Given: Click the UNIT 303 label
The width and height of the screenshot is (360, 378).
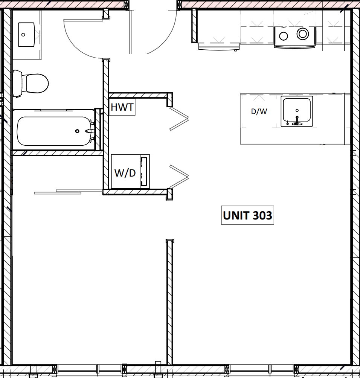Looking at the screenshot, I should (x=247, y=215).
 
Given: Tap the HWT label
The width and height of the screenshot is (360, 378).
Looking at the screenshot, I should (x=122, y=107).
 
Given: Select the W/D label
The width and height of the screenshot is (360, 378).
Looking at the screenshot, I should (x=125, y=173).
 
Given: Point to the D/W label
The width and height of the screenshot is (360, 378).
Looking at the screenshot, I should (x=259, y=111).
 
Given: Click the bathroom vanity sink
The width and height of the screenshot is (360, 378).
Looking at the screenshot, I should (x=26, y=35).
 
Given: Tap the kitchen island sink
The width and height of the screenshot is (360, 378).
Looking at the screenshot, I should (x=297, y=111).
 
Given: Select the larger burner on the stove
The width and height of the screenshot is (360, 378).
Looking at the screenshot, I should (x=303, y=34).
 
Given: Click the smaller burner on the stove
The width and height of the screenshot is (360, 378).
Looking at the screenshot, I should (x=284, y=36).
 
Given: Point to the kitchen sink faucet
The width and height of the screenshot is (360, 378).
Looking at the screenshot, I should (x=297, y=121).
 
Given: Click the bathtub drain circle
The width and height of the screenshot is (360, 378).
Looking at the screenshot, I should (x=77, y=131).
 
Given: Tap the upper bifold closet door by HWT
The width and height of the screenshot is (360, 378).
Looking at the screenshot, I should (x=178, y=119).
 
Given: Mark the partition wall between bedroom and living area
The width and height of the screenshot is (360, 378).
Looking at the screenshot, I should (x=170, y=301).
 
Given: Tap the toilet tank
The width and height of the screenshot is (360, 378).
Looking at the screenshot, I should (x=17, y=83).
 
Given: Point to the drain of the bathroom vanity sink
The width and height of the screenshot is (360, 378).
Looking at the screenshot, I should (x=23, y=35).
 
